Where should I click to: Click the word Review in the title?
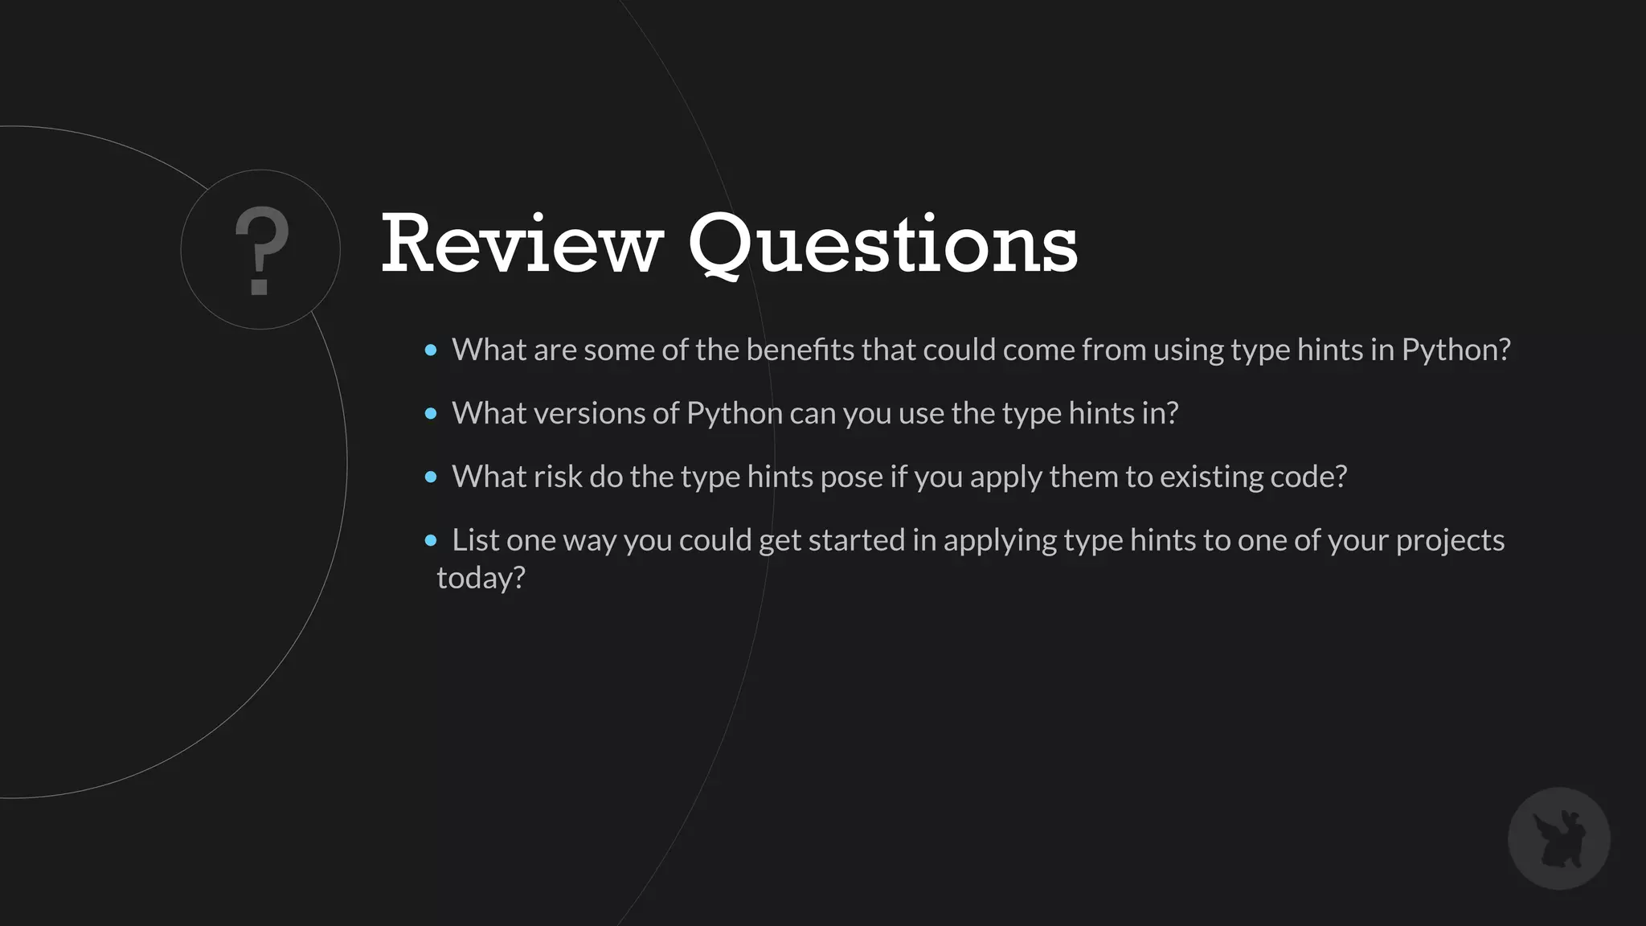pyautogui.click(x=521, y=244)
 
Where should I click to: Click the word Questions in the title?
pyautogui.click(x=882, y=244)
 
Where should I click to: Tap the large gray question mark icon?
pyautogui.click(x=260, y=250)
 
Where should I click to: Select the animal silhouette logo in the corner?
pyautogui.click(x=1558, y=838)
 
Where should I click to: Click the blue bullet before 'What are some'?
pyautogui.click(x=431, y=350)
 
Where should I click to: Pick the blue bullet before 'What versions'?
pyautogui.click(x=431, y=414)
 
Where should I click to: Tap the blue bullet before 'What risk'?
pyautogui.click(x=431, y=477)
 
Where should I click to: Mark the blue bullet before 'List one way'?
pyautogui.click(x=431, y=540)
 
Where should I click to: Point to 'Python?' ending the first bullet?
pyautogui.click(x=1456, y=350)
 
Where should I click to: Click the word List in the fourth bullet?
pyautogui.click(x=475, y=540)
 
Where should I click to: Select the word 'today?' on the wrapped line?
pyautogui.click(x=481, y=578)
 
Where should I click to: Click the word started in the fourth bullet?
pyautogui.click(x=856, y=540)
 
